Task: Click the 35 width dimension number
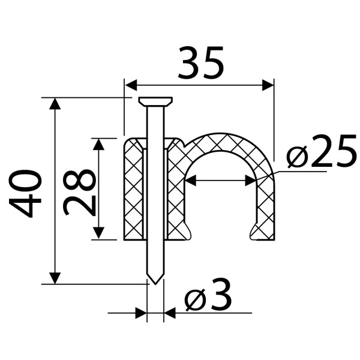[200, 62]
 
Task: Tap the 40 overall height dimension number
[25, 194]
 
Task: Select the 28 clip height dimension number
[79, 193]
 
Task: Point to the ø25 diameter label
[322, 151]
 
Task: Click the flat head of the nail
[155, 101]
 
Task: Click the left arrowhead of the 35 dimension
[131, 85]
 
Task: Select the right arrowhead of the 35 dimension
[268, 85]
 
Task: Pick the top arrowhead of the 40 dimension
[55, 104]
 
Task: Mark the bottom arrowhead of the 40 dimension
[55, 278]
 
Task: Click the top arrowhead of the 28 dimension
[99, 144]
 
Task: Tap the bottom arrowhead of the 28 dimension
[99, 233]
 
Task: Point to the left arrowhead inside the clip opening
[191, 180]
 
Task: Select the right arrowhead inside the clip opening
[251, 180]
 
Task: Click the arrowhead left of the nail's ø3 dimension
[141, 313]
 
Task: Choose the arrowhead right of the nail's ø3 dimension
[170, 313]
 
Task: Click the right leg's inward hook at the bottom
[254, 231]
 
